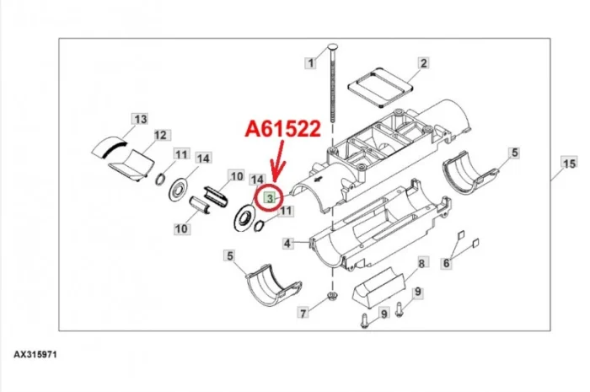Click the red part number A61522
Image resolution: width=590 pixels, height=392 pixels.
point(283,129)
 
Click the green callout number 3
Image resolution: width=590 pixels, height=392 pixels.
point(270,197)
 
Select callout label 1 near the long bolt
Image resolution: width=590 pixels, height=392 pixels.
point(310,63)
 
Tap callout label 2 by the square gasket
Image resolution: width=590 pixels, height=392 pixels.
point(424,63)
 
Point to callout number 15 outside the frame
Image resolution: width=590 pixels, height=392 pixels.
point(569,164)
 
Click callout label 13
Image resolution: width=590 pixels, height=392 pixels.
point(141,119)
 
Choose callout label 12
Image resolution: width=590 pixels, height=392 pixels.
point(160,135)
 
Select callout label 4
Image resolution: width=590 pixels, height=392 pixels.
point(287,244)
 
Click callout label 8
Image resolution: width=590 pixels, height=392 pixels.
point(421,263)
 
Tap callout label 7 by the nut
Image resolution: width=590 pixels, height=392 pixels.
point(303,312)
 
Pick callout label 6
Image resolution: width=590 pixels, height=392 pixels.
point(446,263)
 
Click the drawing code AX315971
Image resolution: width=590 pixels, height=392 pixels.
point(35,355)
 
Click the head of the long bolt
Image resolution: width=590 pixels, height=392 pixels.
point(333,48)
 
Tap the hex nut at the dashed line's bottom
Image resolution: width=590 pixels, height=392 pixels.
point(332,294)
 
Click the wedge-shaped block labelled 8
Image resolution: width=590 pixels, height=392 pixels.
point(378,287)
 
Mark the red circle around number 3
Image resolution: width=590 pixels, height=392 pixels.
point(270,198)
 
